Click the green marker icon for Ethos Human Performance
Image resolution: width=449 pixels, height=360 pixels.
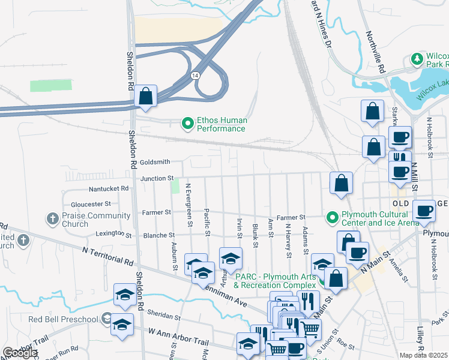[x=187, y=124]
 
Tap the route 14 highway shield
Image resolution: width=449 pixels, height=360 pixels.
[x=195, y=76]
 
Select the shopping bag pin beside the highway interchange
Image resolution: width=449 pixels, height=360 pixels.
[x=146, y=97]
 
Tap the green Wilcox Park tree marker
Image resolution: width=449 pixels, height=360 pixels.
[x=416, y=59]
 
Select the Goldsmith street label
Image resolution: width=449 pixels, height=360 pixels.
[x=155, y=162]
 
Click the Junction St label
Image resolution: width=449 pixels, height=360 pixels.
[x=157, y=179]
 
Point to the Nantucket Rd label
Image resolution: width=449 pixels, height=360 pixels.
[x=109, y=188]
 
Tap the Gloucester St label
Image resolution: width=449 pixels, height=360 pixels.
[x=91, y=204]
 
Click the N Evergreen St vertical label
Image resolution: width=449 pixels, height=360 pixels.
[x=189, y=205]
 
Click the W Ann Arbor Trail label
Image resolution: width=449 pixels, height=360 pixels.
[x=174, y=340]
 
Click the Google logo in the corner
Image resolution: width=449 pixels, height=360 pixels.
[x=20, y=353]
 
